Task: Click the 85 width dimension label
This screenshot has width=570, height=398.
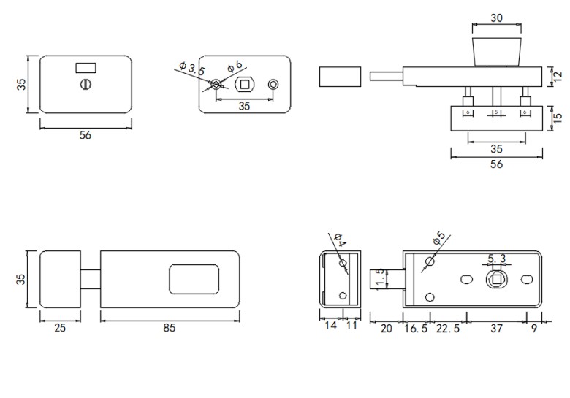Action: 169,328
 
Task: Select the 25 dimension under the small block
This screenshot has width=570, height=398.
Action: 60,328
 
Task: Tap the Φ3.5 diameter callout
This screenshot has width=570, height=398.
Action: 191,70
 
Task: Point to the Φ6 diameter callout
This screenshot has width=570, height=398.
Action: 235,66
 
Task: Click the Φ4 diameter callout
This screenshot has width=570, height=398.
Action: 339,238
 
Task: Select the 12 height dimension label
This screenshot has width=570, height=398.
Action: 558,76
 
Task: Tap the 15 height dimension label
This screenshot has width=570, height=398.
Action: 558,117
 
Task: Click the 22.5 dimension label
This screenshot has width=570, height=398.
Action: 447,328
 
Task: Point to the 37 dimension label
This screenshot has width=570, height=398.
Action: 496,328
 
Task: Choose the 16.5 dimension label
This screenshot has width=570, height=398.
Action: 415,328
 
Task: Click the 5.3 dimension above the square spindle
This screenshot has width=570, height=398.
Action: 497,258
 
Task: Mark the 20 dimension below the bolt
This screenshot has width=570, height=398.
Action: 386,328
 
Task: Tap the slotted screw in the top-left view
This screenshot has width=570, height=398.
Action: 85,85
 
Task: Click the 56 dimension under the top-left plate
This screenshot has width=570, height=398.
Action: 85,135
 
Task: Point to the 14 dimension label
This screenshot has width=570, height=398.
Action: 330,326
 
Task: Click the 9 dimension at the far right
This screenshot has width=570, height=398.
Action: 533,328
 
